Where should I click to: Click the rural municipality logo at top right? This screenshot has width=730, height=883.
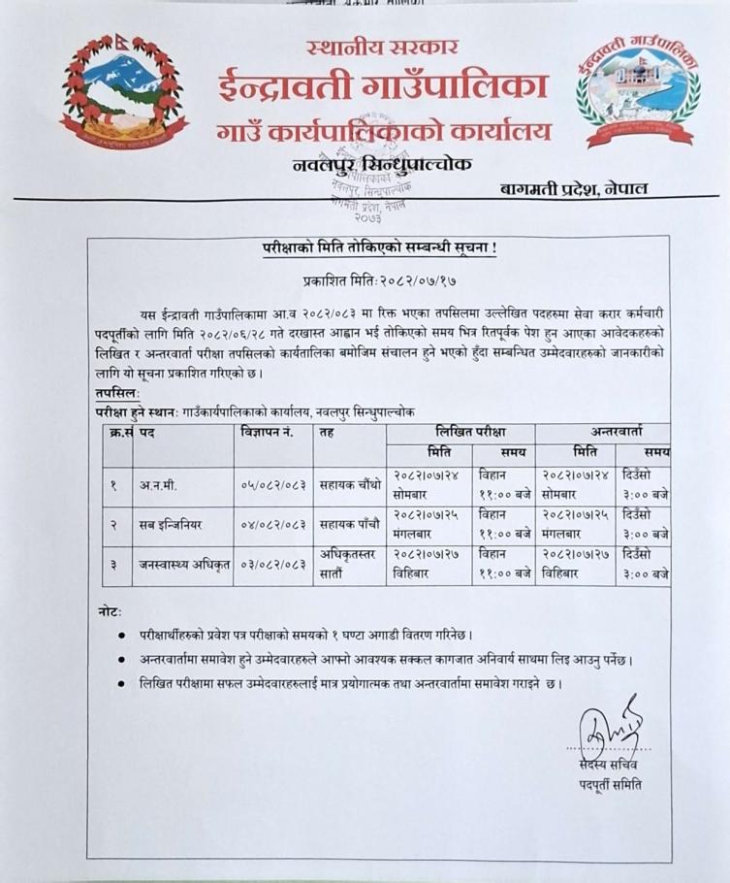tap(637, 94)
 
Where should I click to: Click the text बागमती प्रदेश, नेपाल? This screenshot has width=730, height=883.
tap(575, 188)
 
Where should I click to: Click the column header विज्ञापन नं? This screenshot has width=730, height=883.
tap(268, 431)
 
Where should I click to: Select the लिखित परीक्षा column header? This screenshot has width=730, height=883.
tap(460, 431)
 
